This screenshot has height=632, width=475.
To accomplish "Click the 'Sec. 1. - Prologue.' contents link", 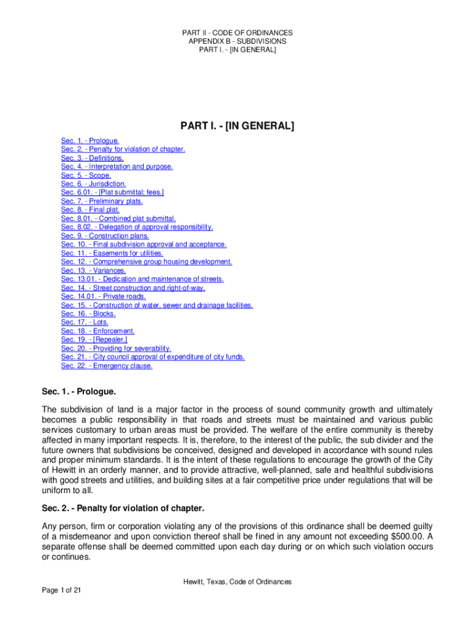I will pyautogui.click(x=90, y=141).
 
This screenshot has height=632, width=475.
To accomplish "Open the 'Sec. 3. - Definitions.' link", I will pyautogui.click(x=92, y=158).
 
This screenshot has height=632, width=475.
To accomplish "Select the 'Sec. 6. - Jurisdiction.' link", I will pyautogui.click(x=94, y=184).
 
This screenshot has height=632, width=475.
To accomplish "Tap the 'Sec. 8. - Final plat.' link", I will pyautogui.click(x=90, y=210).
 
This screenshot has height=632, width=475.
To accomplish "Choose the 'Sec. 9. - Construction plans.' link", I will pyautogui.click(x=105, y=236).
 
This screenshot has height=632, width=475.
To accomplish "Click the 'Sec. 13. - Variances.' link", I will pyautogui.click(x=93, y=270).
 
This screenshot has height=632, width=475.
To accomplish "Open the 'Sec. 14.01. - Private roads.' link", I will pyautogui.click(x=103, y=296).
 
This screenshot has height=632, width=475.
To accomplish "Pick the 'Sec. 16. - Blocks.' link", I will pyautogui.click(x=88, y=314).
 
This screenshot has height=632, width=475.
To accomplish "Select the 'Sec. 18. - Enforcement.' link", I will pyautogui.click(x=97, y=331).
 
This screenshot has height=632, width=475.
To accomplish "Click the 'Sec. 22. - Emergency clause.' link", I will pyautogui.click(x=107, y=365).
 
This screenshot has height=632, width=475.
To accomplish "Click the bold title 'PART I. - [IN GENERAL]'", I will pyautogui.click(x=237, y=127).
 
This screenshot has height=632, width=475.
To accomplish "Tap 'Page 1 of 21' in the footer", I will pyautogui.click(x=62, y=591).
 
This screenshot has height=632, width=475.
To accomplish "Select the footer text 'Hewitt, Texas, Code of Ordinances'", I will pyautogui.click(x=237, y=582).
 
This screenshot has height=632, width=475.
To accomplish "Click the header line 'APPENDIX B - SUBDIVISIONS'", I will pyautogui.click(x=237, y=41).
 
